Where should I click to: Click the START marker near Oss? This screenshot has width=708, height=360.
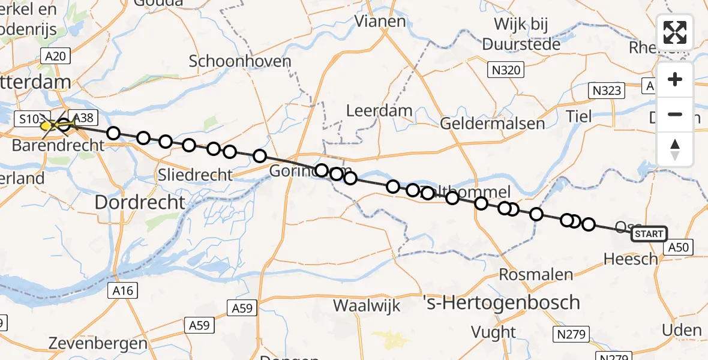click(x=649, y=234)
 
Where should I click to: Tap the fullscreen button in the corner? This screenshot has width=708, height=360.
click(x=675, y=32)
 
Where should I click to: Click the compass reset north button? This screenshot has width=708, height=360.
click(x=675, y=149)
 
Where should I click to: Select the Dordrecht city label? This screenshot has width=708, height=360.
click(x=140, y=202)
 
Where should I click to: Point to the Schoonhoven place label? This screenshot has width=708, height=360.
click(x=240, y=61)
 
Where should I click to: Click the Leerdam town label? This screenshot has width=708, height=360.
click(x=380, y=110)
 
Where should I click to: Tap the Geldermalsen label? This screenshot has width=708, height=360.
click(x=492, y=124)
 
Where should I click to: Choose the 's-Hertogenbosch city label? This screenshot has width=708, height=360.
click(x=501, y=302)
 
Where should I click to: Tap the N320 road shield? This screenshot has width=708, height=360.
click(x=505, y=70)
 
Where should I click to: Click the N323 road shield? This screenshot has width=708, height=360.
click(x=606, y=91)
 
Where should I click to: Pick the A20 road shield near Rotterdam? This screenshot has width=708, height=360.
click(x=56, y=57)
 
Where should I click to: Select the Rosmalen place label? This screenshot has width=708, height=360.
click(x=538, y=275)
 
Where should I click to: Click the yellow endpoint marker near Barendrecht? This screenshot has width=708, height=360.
click(x=47, y=126)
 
